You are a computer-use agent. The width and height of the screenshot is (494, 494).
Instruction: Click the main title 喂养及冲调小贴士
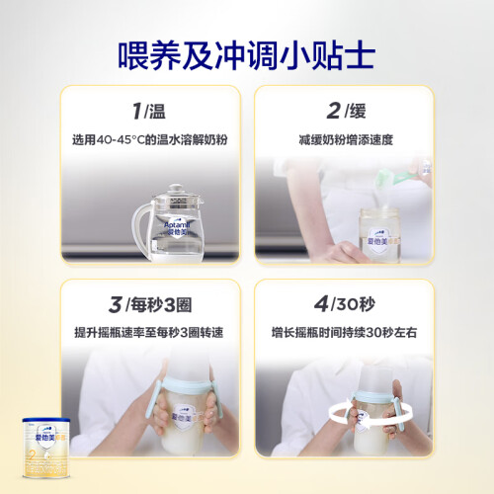click(x=247, y=55)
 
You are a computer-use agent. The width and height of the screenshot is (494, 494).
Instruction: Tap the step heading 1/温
click(x=149, y=111)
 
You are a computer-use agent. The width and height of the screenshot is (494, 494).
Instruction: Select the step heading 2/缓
click(x=346, y=111)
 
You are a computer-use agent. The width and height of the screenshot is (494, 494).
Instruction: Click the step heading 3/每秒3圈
click(x=150, y=304)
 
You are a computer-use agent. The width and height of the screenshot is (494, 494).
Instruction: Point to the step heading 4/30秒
click(x=345, y=304)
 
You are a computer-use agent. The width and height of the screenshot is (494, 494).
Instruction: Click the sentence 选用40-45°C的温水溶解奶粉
click(x=150, y=139)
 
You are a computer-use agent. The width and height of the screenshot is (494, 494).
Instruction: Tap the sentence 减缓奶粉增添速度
click(x=346, y=139)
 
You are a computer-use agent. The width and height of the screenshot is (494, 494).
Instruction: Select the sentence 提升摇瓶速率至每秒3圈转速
click(x=149, y=332)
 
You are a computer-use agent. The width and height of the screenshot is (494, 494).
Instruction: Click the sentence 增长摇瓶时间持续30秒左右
click(x=344, y=332)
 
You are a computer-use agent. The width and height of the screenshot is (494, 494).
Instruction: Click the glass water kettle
click(x=168, y=224)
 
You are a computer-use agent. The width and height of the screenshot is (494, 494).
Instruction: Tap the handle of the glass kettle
click(x=140, y=227)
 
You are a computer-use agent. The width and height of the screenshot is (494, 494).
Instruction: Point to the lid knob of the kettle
click(x=176, y=188)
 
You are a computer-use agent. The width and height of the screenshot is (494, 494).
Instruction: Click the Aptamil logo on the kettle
click(x=177, y=227)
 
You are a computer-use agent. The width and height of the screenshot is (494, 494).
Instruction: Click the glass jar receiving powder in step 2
click(x=379, y=235)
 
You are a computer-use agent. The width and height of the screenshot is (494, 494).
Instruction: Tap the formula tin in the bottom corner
click(x=46, y=448)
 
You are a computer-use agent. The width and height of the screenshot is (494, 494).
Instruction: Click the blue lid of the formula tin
click(x=46, y=421)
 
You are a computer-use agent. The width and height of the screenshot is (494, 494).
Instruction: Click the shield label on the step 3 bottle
click(x=185, y=417)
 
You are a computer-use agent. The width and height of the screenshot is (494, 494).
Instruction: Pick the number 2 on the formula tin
click(x=33, y=455)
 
